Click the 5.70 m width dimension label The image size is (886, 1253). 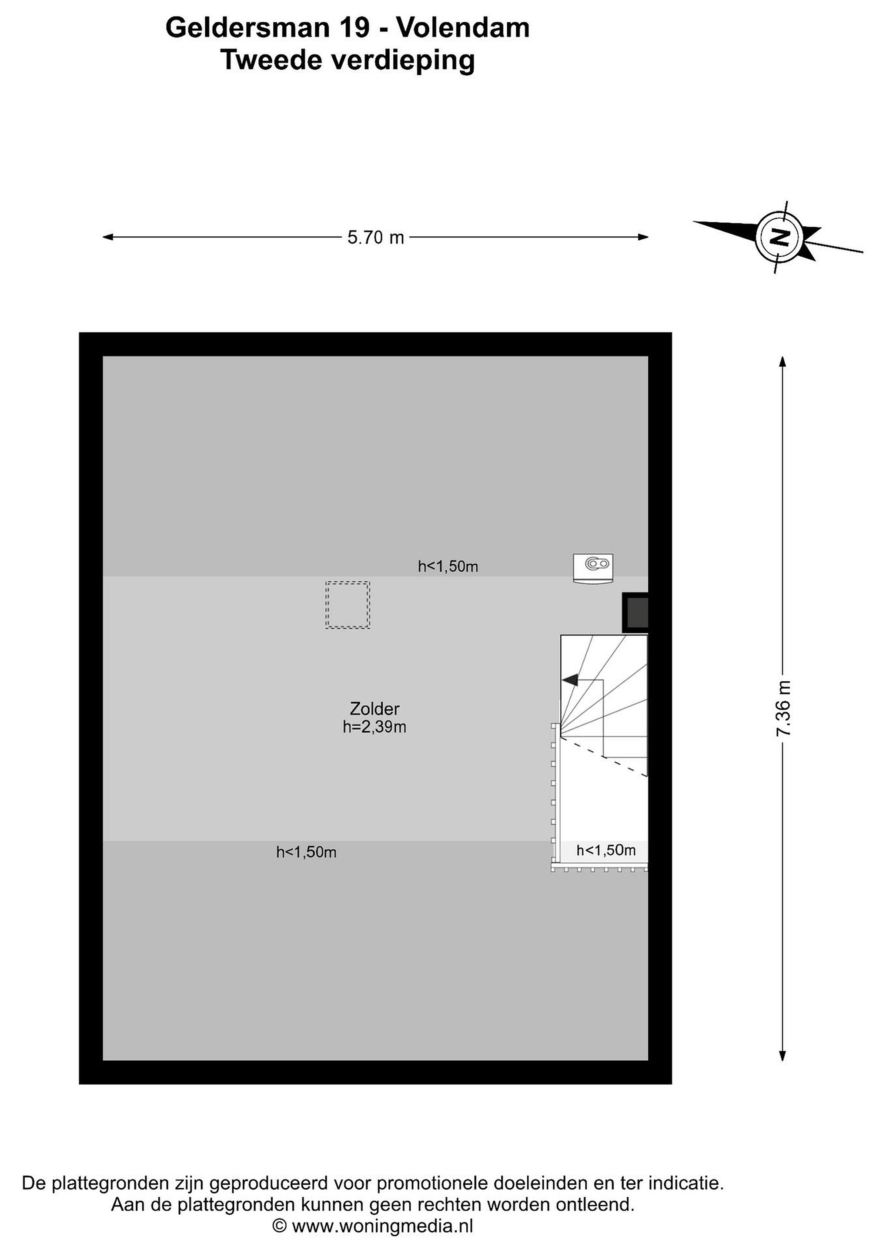click(375, 238)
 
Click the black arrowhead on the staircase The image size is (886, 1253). click(570, 680)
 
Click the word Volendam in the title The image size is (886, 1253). click(463, 27)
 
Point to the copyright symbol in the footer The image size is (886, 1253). click(279, 1226)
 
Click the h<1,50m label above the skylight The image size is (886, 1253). click(448, 566)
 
